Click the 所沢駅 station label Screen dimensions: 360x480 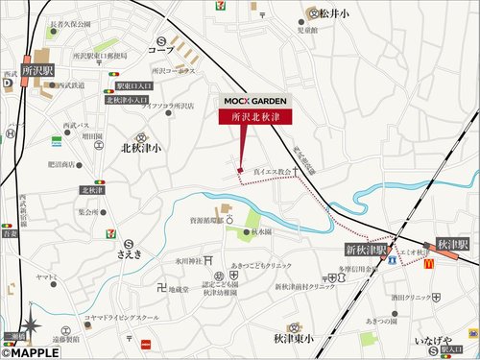[x=37, y=70]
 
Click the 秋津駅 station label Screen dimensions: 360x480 [x=451, y=245]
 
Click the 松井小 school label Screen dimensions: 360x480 [x=336, y=13]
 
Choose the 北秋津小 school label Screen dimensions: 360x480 [x=141, y=149]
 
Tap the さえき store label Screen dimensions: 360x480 [x=129, y=254]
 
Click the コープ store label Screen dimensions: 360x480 [x=162, y=48]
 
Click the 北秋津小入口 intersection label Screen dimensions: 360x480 [x=128, y=100]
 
